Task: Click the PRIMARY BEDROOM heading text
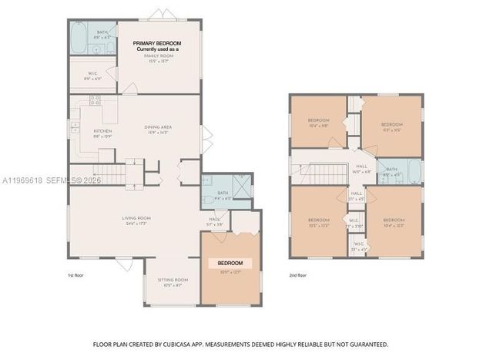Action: coord(156,43)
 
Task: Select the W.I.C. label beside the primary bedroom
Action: coord(90,75)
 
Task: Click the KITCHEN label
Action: coord(102,131)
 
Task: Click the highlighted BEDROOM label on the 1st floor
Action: coord(230,264)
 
